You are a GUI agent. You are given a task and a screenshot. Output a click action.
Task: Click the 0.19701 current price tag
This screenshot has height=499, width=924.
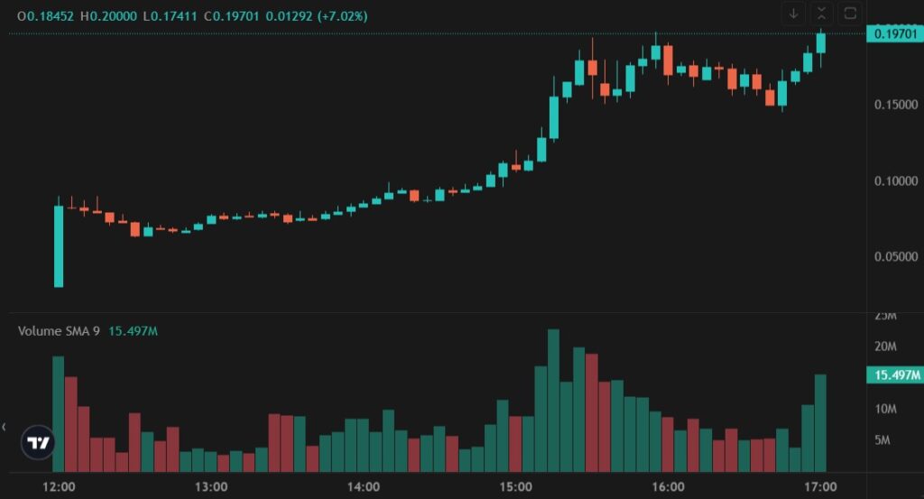(x=892, y=34)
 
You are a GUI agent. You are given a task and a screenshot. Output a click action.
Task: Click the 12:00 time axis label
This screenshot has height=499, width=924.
(x=59, y=486)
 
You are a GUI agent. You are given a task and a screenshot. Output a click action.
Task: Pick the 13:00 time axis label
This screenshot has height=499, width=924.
(x=210, y=486)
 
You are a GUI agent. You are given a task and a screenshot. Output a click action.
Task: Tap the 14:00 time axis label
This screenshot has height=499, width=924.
(x=363, y=486)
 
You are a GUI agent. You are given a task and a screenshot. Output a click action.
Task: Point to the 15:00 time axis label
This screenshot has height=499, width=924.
(x=515, y=486)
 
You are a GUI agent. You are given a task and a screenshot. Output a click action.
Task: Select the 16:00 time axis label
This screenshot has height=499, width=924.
(x=668, y=486)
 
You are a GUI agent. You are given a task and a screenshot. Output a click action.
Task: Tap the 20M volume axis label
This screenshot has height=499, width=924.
(x=885, y=347)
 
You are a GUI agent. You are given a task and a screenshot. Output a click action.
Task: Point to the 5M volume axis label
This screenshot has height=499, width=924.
(x=885, y=440)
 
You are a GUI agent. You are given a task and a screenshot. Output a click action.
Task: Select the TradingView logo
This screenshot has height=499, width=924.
(x=38, y=443)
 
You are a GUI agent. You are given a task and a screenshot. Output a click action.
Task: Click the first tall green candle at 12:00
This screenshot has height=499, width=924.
(x=59, y=245)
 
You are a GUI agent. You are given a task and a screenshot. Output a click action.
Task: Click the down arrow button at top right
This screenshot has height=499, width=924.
(x=794, y=13)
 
